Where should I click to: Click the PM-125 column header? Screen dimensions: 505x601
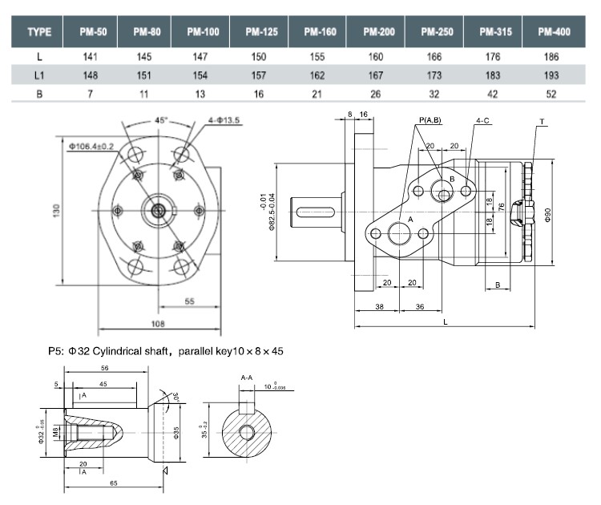pyautogui.click(x=261, y=32)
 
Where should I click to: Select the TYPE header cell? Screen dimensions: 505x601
pyautogui.click(x=39, y=32)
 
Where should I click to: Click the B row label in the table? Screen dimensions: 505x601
pyautogui.click(x=39, y=94)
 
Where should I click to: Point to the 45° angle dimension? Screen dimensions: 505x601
pyautogui.click(x=161, y=120)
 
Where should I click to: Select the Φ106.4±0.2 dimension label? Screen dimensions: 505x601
pyautogui.click(x=91, y=146)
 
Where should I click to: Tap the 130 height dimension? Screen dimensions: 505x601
pyautogui.click(x=58, y=211)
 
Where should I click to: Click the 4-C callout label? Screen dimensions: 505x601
pyautogui.click(x=483, y=120)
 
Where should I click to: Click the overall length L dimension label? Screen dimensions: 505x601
pyautogui.click(x=445, y=321)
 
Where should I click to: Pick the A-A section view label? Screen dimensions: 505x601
pyautogui.click(x=248, y=376)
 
